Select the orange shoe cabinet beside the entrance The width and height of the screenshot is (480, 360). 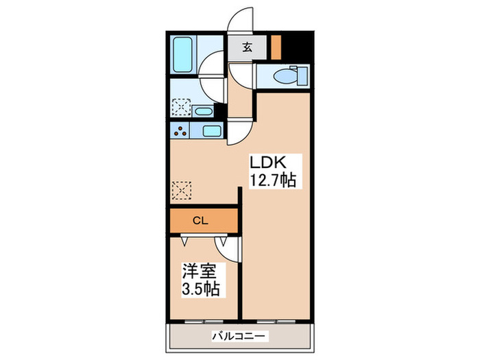275,46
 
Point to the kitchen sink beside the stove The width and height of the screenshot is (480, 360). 211,131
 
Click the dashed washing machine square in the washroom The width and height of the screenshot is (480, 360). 181,108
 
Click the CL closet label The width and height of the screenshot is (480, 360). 200,221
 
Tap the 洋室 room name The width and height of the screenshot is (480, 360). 196,271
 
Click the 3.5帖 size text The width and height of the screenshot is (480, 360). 200,289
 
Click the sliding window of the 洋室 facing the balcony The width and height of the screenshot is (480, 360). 204,320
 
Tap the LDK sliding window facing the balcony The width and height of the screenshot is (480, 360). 277,320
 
